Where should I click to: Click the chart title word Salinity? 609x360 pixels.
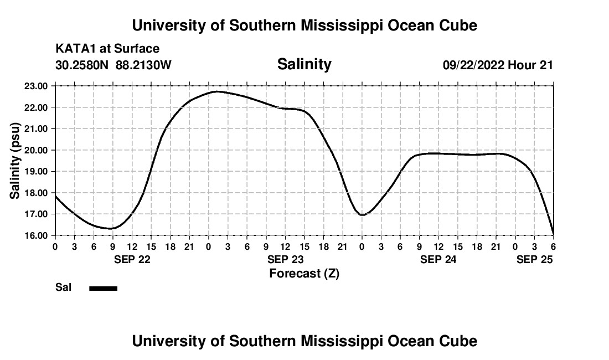pos(304,64)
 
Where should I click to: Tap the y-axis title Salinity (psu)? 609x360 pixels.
pos(16,161)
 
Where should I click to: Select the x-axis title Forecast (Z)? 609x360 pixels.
pos(304,273)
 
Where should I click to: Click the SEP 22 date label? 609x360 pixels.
pos(132,259)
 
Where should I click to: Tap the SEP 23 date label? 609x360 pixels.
pos(286,259)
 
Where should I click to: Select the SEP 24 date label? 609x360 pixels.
pos(438,259)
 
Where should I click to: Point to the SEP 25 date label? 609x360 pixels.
pos(534,259)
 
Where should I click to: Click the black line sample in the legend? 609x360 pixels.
pos(104,288)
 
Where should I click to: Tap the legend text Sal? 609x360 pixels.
pos(63,288)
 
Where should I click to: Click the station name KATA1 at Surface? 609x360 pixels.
pos(107,49)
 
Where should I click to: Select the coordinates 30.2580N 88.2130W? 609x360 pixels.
pos(113,65)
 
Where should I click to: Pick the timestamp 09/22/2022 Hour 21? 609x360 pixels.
pos(498,65)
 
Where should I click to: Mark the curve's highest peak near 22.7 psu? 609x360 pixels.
pos(217,91)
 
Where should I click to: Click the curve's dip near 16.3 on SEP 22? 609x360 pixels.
pos(111,228)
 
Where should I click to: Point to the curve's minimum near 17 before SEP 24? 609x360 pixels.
pos(363,214)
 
